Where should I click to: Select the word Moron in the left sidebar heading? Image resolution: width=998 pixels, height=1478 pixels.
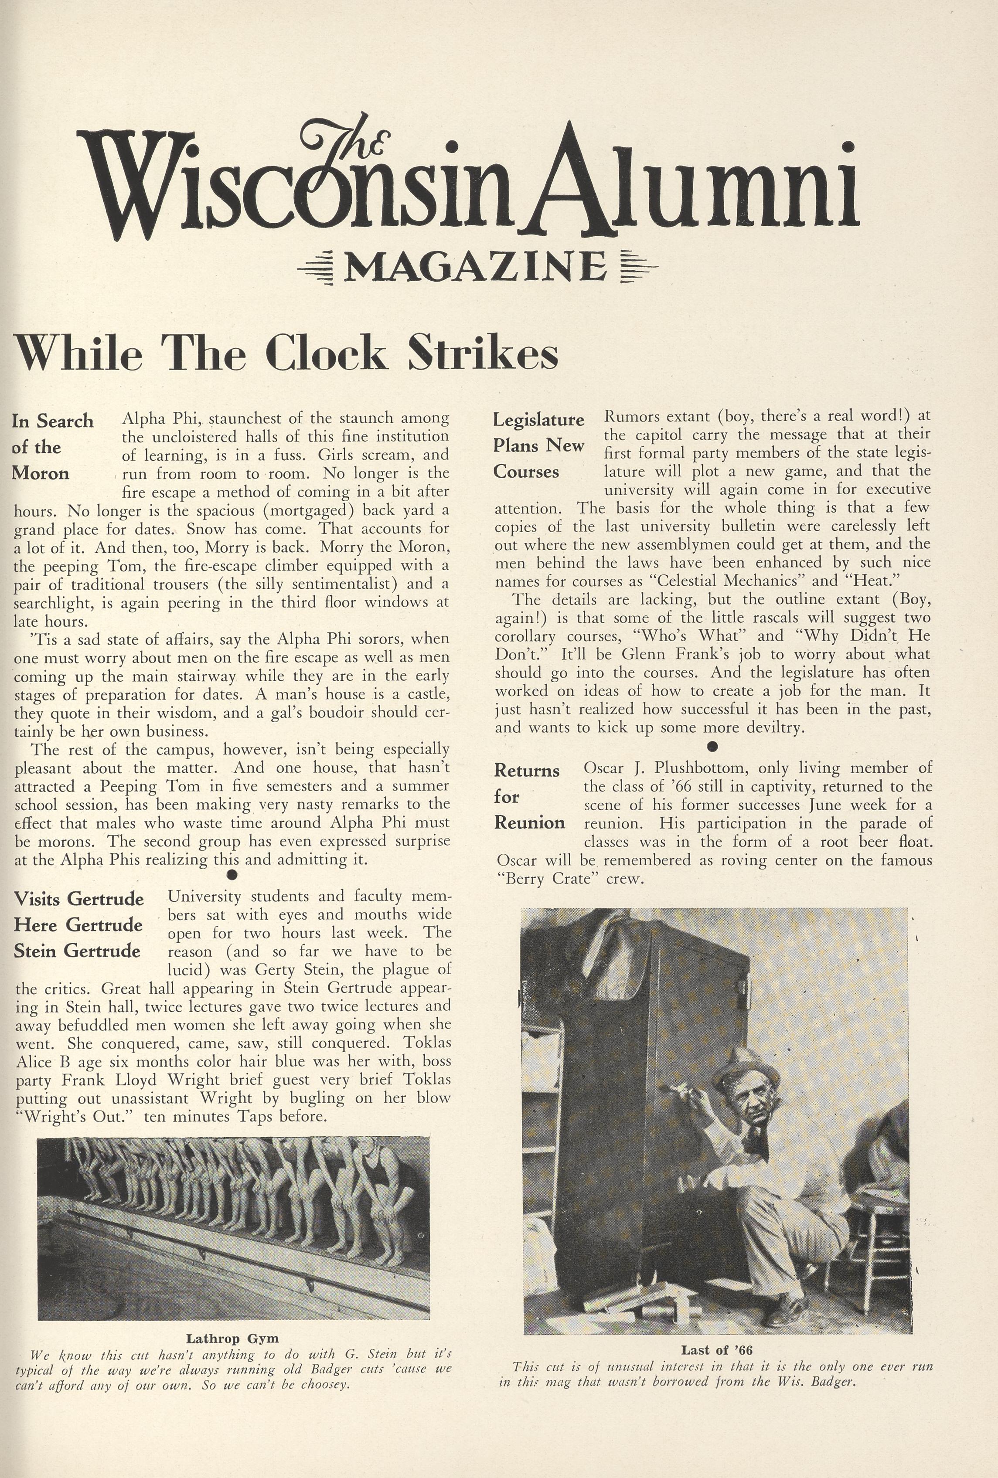coord(41,474)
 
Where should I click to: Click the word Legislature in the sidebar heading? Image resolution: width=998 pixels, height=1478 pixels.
coord(539,420)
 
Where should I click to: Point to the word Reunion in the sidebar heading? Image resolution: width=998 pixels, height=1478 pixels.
coord(529,823)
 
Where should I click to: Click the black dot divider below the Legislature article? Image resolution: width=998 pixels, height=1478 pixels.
coord(712,745)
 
